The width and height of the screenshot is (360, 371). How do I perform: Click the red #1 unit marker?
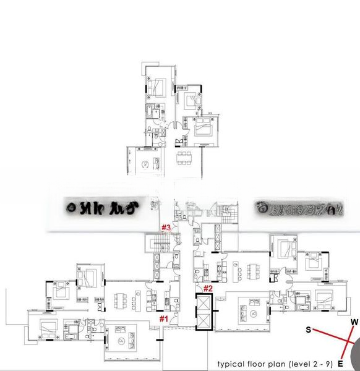(164, 318)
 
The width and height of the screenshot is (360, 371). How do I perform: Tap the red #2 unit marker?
(208, 288)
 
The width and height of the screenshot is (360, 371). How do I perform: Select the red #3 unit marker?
(166, 228)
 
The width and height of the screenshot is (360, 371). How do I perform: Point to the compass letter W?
(354, 322)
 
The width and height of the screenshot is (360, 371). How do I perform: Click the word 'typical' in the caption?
(229, 363)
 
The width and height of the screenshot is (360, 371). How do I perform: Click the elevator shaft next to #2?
(204, 312)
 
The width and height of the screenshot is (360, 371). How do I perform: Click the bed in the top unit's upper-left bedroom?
(156, 86)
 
